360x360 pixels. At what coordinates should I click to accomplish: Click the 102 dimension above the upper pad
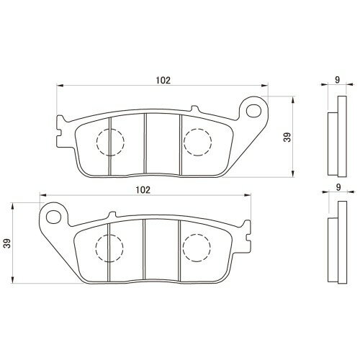[163, 80]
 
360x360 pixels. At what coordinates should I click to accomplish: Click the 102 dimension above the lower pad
[143, 190]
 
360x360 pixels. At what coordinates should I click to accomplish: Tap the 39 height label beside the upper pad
[287, 137]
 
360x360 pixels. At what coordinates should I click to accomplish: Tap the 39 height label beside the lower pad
[8, 243]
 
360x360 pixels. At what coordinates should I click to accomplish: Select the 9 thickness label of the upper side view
[338, 80]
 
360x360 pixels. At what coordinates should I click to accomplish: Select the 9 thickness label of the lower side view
[338, 187]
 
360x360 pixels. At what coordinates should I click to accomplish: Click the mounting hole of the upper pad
[253, 110]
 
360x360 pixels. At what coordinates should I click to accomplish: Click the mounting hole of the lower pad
[53, 217]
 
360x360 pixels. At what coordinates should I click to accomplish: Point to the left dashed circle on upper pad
[96, 143]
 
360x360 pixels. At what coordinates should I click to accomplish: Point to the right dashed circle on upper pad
[184, 143]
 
